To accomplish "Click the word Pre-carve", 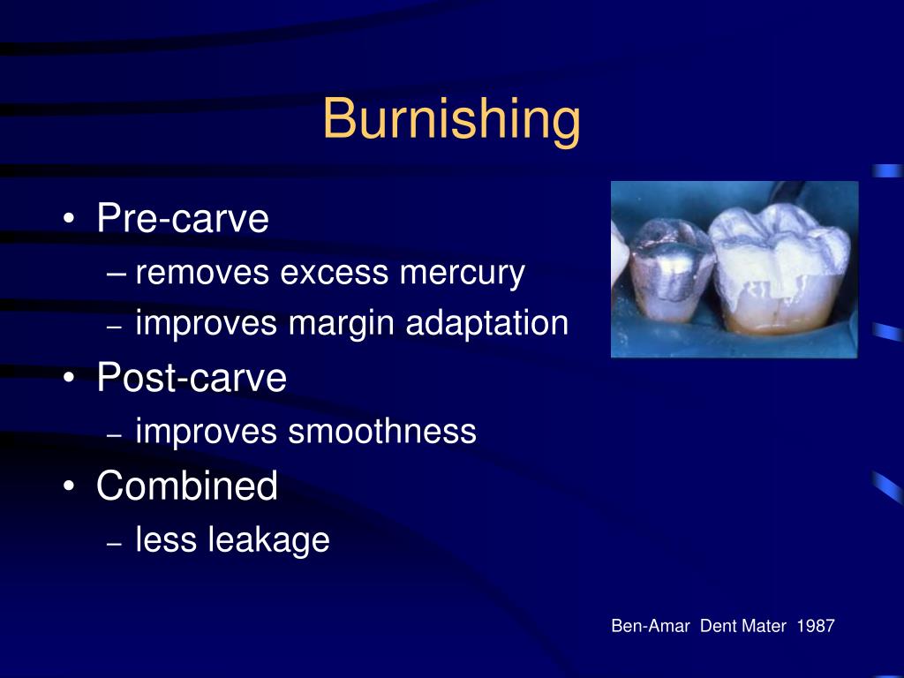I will coord(183,218).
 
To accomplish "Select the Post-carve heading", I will coord(192,378).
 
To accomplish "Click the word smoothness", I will coord(381,432).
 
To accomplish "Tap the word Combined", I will coord(187,486).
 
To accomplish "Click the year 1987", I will coord(815,626).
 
